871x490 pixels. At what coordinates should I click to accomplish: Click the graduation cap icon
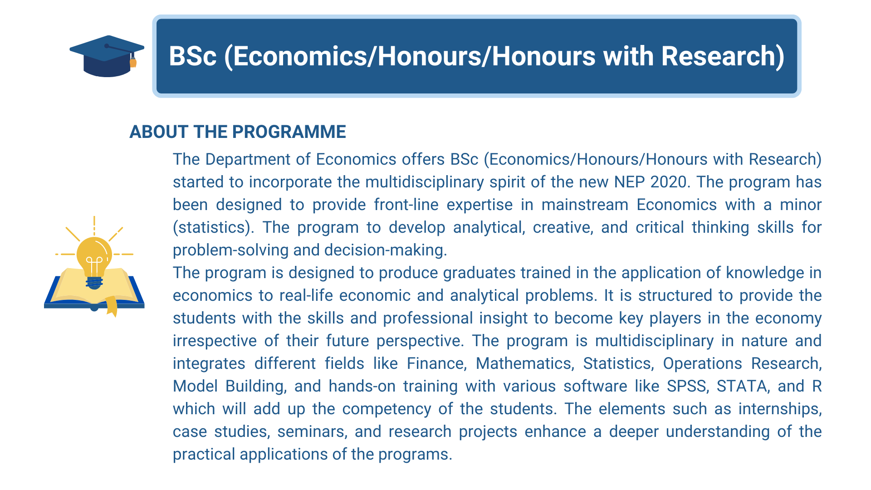click(x=107, y=56)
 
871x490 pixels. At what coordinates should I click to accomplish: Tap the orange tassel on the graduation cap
click(x=133, y=62)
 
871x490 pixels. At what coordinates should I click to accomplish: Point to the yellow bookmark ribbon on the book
click(x=112, y=306)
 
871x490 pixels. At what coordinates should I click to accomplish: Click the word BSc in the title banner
click(x=193, y=56)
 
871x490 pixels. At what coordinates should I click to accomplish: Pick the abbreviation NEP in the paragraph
click(x=629, y=182)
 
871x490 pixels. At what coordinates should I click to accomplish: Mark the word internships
click(x=780, y=409)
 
